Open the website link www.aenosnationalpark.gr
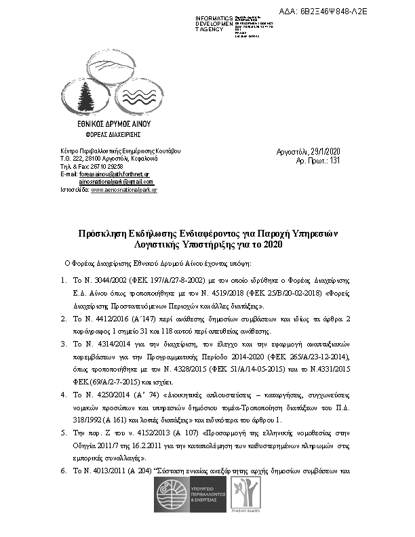click(x=123, y=191)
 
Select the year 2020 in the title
click(x=270, y=243)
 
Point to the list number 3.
click(x=63, y=344)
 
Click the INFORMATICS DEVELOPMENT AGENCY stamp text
click(x=214, y=22)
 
